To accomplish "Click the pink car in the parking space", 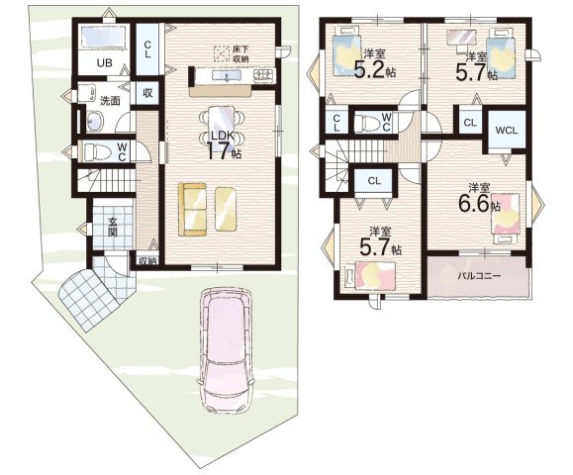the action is coord(225,350).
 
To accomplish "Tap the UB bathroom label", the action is coord(105,63).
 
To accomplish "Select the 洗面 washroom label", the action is coord(110,101).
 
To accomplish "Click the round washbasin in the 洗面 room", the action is coord(95,120).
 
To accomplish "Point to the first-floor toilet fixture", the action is coord(96,151).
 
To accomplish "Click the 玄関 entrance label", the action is coord(112,227).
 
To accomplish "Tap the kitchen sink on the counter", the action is coord(227,76).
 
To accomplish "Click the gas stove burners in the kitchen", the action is coord(264,74).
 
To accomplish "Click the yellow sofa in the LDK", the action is coord(192,209).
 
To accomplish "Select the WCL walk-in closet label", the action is coord(507,130).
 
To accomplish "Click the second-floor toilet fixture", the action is coord(366,122).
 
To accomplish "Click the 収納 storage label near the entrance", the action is coord(147,261).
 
